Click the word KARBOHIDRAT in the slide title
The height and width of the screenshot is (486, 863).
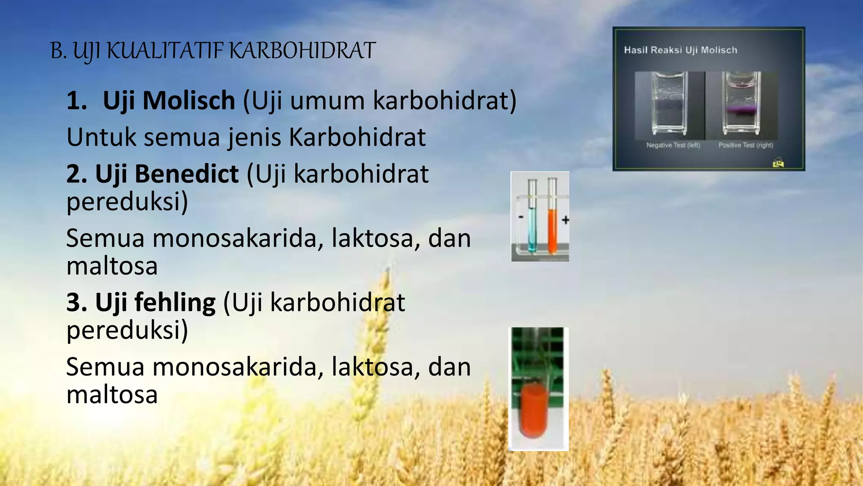302,51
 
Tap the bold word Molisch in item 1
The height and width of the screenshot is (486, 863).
189,101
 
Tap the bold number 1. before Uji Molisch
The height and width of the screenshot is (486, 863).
77,101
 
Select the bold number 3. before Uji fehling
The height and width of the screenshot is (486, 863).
77,302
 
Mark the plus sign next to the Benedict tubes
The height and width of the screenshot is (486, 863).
566,220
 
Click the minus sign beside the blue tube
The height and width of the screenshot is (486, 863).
521,217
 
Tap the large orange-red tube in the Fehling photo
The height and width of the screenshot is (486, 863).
534,409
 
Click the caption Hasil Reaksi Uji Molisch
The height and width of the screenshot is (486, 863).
681,50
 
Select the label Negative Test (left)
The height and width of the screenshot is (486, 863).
673,145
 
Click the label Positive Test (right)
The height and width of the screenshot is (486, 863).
745,145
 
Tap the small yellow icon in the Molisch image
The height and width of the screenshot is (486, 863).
778,162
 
